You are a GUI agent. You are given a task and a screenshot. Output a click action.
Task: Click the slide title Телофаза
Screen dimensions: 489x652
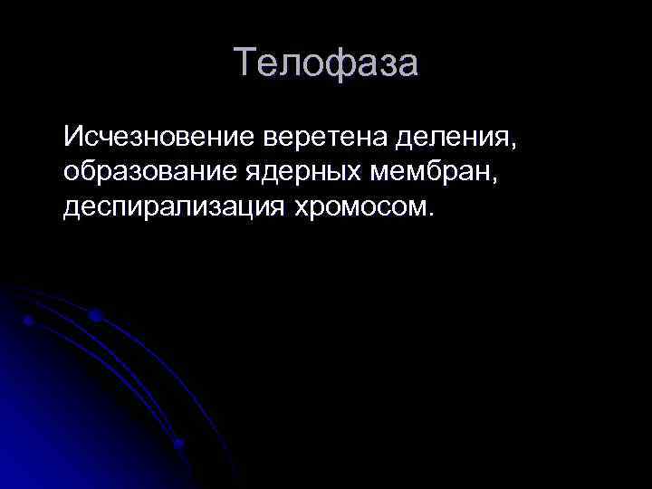click(x=326, y=64)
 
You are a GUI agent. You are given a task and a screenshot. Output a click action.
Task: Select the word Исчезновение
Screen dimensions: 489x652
click(x=159, y=139)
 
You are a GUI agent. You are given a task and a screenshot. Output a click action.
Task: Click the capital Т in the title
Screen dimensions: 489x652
click(x=246, y=64)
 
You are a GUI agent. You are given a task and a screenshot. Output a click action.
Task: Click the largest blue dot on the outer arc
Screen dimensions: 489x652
click(x=94, y=316)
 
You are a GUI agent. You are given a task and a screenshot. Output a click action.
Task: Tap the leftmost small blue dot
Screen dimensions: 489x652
click(x=29, y=321)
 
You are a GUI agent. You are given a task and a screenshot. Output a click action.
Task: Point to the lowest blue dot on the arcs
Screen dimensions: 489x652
click(x=178, y=443)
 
